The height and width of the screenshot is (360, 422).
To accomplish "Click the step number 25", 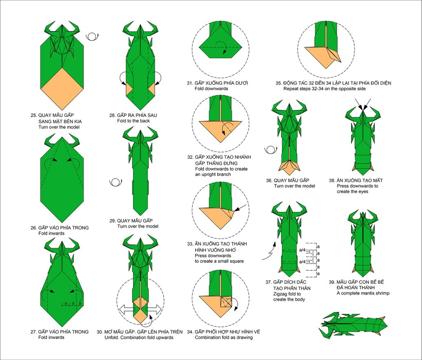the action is click(33, 115).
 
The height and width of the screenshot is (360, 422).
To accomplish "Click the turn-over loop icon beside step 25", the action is click(92, 37).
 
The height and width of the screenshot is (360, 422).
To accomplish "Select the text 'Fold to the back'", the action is click(134, 121).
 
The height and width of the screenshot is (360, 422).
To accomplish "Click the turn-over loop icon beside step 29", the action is click(116, 182).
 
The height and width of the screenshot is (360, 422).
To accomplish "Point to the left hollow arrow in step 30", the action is click(127, 309).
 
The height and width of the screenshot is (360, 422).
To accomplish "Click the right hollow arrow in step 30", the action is click(154, 309).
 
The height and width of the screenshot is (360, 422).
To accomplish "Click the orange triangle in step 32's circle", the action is click(220, 131).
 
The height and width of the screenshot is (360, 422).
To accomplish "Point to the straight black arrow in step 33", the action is click(240, 208).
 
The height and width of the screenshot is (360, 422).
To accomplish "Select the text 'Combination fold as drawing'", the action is click(224, 337).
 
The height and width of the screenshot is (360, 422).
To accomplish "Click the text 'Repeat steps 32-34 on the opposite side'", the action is click(325, 89).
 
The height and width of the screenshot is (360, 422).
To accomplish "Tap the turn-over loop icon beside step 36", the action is click(271, 150).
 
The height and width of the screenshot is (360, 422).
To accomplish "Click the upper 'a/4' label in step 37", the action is click(302, 250).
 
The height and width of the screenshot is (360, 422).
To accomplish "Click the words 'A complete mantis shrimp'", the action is click(363, 293).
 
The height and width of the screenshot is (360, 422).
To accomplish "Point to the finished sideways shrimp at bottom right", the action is click(353, 325).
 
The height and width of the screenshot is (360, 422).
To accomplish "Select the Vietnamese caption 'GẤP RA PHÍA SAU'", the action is click(137, 115).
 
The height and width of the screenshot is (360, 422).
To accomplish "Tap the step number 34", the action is click(190, 332).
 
